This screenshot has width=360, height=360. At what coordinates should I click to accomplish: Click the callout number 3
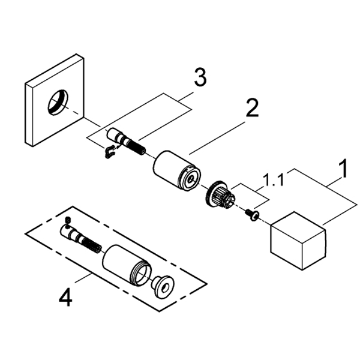tap(200, 77)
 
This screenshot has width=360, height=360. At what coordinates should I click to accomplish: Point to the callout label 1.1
tap(273, 180)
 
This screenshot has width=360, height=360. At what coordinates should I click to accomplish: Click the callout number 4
tap(65, 297)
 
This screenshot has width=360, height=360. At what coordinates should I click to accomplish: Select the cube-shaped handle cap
tap(298, 241)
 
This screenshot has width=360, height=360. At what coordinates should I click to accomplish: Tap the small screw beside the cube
tap(252, 215)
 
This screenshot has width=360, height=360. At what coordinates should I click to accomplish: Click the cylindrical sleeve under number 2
tap(176, 168)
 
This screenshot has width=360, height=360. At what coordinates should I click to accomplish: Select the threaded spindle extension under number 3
tap(126, 142)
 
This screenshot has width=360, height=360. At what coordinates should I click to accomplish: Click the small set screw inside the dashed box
tap(68, 220)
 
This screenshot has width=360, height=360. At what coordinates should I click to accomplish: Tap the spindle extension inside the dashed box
tap(81, 239)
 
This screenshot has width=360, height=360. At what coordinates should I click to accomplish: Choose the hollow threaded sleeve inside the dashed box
tap(127, 266)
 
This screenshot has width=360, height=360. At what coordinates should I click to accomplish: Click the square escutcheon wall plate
tap(55, 100)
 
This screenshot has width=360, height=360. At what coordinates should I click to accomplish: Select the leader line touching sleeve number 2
tap(217, 138)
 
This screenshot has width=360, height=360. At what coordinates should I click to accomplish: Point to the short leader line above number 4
tap(83, 278)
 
